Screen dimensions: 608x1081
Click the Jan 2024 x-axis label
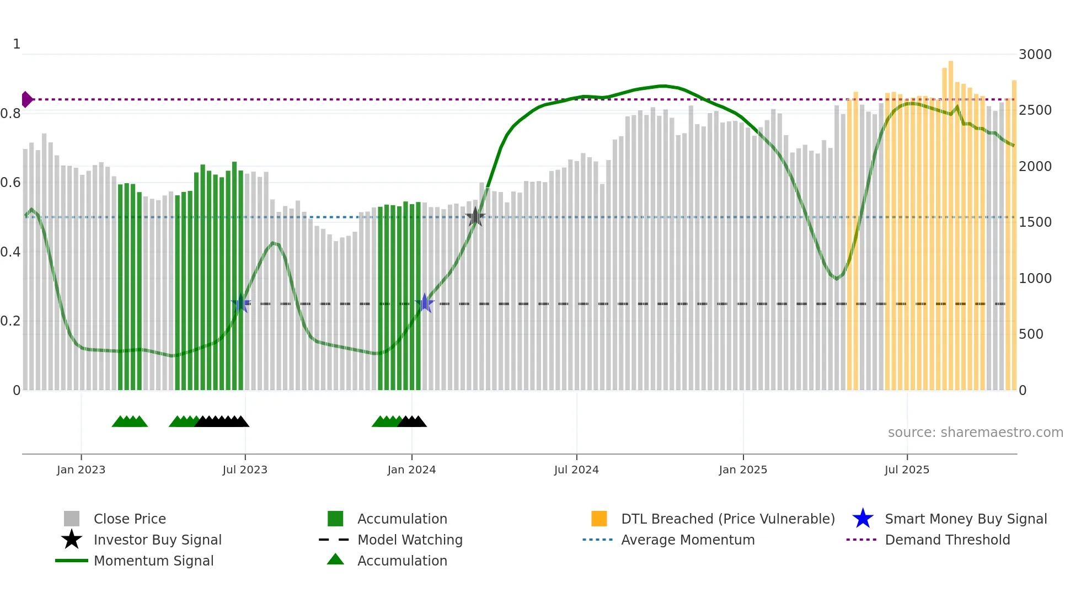[411, 470]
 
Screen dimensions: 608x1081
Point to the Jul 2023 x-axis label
[245, 470]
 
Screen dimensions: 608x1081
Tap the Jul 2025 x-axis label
[907, 470]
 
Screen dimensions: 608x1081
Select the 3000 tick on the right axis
[1035, 55]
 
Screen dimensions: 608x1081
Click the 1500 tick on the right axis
[1035, 222]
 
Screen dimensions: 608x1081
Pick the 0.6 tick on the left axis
[10, 183]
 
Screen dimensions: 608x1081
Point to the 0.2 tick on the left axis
[10, 321]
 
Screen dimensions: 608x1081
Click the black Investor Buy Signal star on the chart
[475, 217]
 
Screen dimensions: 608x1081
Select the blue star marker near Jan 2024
[425, 303]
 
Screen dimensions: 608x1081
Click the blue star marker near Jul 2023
[241, 303]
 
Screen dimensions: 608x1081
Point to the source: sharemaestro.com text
[975, 433]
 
